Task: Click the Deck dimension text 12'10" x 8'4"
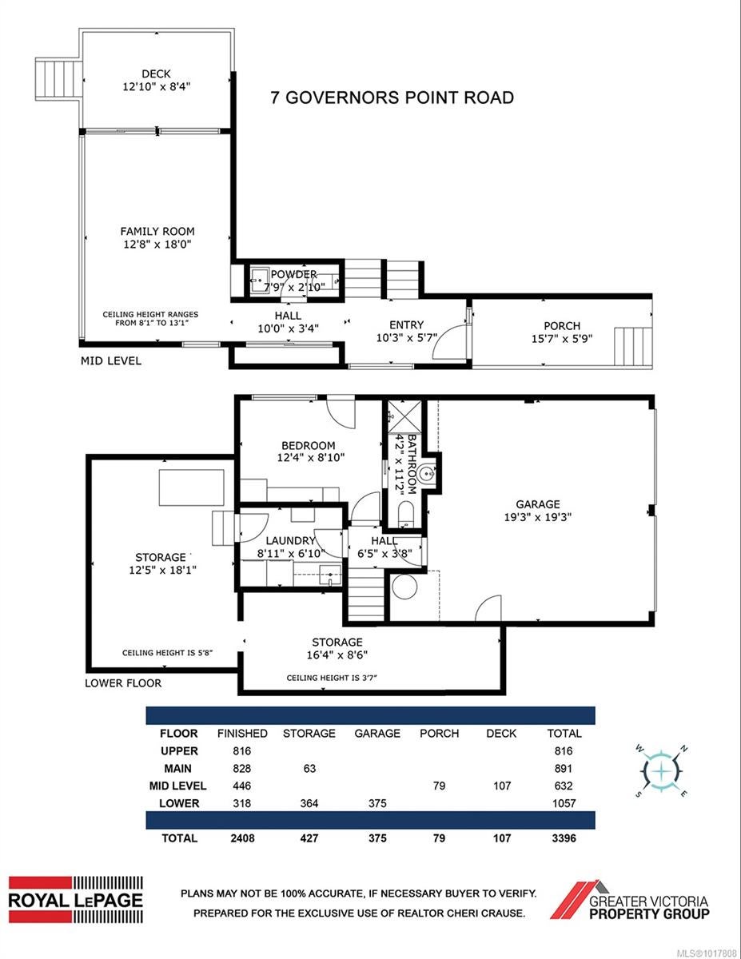tap(156, 86)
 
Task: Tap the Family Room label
tap(157, 231)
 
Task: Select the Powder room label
tap(293, 274)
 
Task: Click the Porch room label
tap(561, 326)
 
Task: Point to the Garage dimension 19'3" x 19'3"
tap(537, 517)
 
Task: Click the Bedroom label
tap(308, 446)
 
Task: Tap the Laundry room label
tap(290, 540)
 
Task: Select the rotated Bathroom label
tap(412, 464)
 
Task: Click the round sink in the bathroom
tap(427, 475)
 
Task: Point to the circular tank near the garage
tap(404, 587)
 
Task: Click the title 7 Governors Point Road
tap(392, 97)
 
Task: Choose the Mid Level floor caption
tap(111, 361)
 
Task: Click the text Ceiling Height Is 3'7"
tap(332, 678)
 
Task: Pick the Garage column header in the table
tap(377, 734)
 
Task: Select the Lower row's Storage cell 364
tap(309, 803)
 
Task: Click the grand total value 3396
tap(564, 838)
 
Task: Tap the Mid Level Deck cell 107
tap(502, 786)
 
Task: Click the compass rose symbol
tap(661, 771)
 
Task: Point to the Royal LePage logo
tap(76, 900)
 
